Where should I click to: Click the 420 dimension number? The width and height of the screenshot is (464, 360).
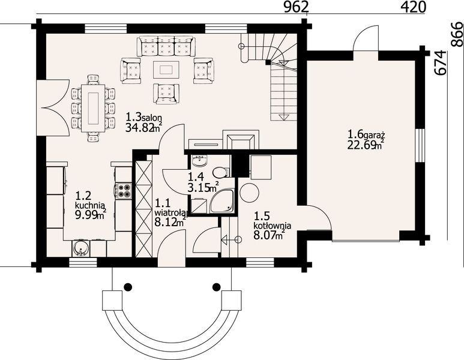414,7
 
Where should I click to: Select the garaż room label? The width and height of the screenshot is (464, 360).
374,136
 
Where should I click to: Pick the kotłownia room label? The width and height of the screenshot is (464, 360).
273,226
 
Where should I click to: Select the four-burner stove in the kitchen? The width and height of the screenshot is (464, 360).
124,191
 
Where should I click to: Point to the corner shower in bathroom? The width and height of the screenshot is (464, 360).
222,202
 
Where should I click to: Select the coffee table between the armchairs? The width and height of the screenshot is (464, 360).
166,70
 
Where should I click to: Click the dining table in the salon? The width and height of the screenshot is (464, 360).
94,108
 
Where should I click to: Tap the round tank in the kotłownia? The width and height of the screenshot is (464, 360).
250,193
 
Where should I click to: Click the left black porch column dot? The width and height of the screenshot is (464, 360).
128,286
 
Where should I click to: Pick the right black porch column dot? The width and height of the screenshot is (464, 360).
217,286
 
